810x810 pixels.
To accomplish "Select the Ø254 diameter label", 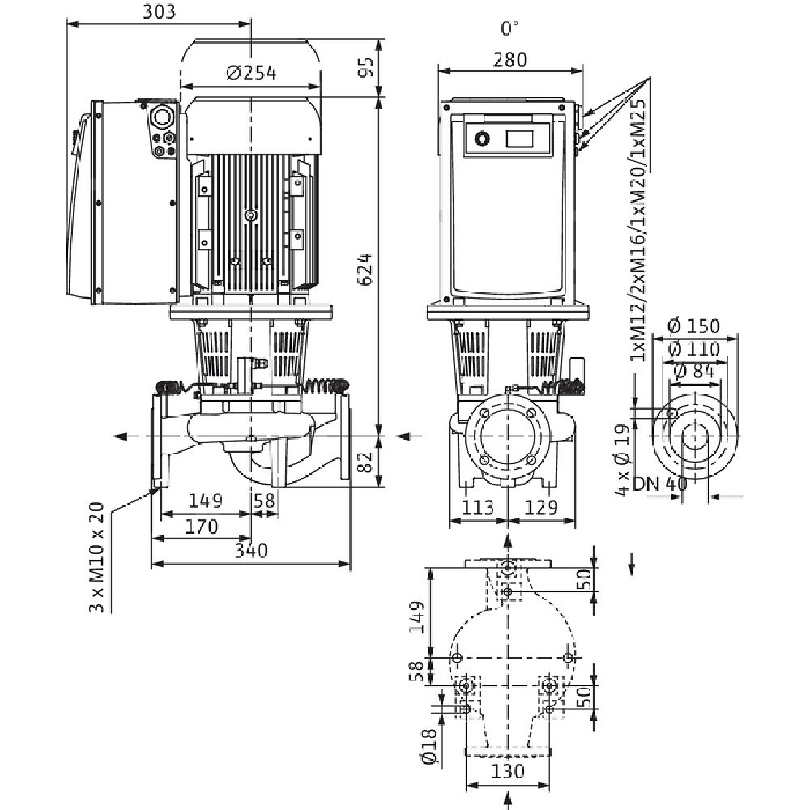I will [x=250, y=74].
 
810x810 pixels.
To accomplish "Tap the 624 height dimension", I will [x=365, y=267].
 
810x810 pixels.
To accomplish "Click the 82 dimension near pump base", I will [x=366, y=463].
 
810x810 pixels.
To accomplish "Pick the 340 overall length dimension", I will [x=250, y=552].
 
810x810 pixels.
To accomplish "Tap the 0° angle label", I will [x=509, y=29].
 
